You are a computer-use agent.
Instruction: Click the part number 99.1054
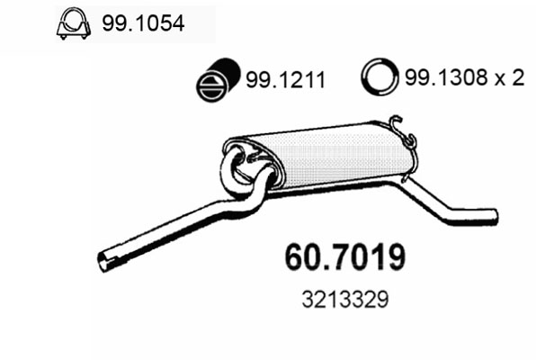(x=143, y=23)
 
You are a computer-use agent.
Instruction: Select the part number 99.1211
(x=285, y=80)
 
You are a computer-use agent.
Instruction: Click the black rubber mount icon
(x=219, y=80)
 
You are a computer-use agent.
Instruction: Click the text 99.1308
(x=446, y=77)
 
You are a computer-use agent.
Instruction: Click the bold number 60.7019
(x=345, y=257)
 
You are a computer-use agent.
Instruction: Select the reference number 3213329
(x=345, y=299)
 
